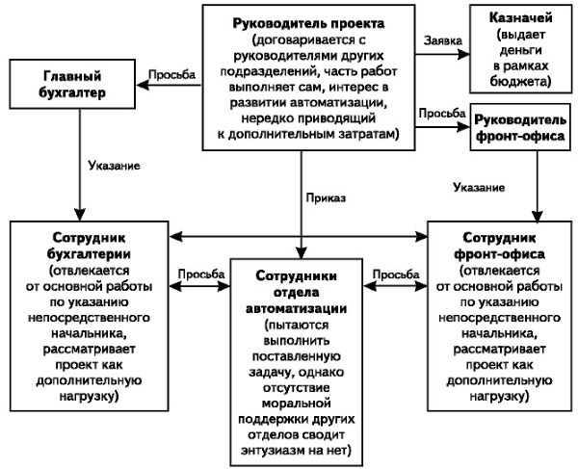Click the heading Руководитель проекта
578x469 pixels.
[301, 21]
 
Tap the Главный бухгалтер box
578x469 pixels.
[59, 85]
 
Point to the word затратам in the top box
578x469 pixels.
[358, 139]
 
